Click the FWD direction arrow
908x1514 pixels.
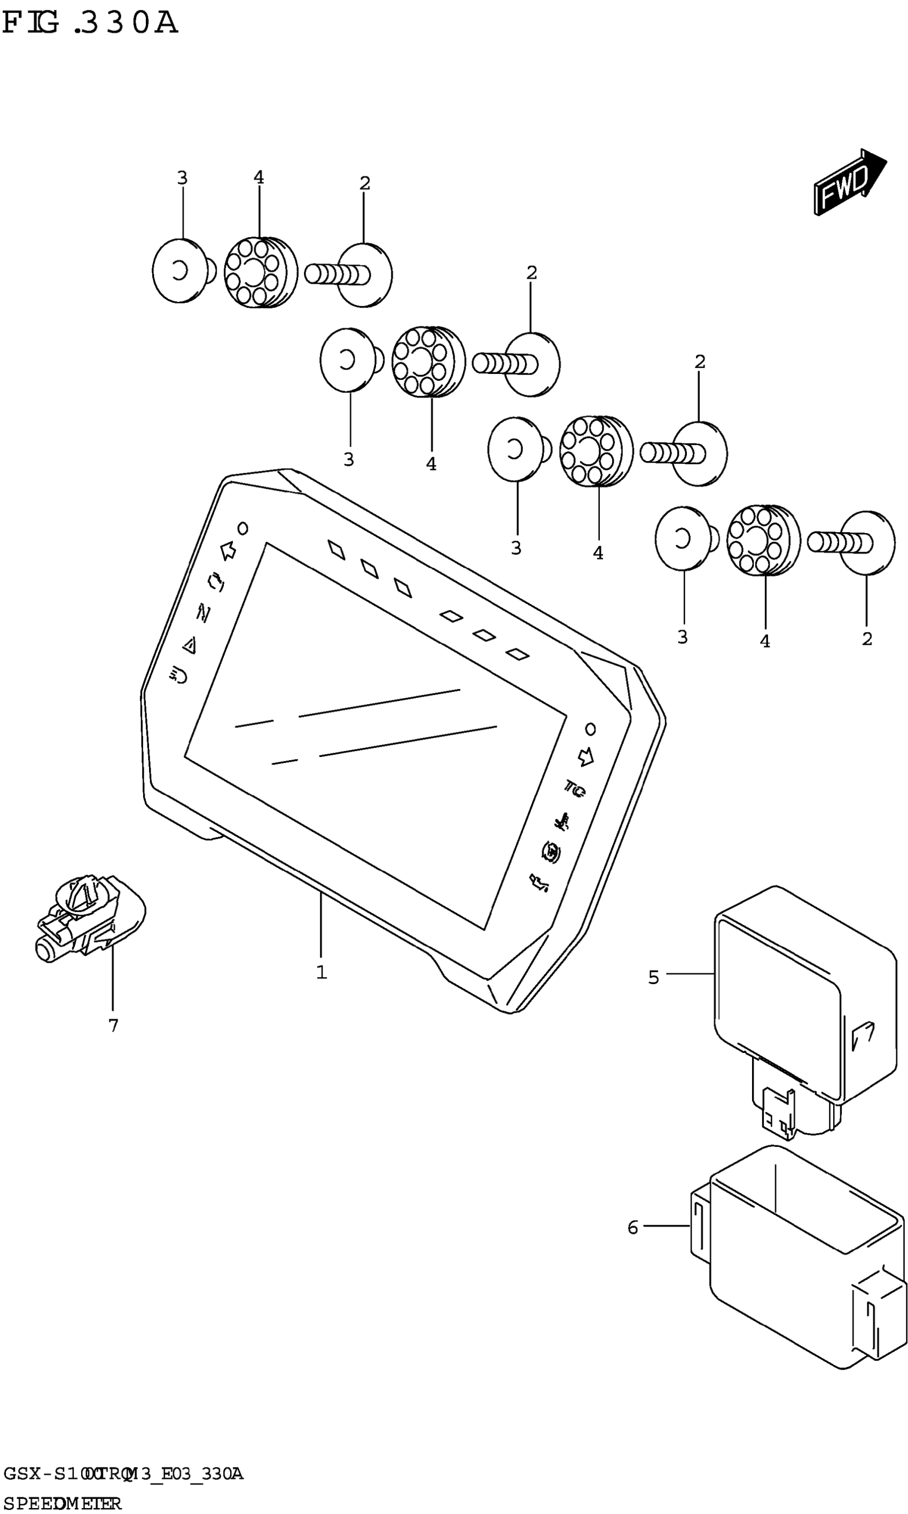pyautogui.click(x=849, y=182)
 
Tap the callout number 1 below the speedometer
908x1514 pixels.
pyautogui.click(x=321, y=972)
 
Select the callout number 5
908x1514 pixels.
pyautogui.click(x=653, y=977)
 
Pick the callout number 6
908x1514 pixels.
pyautogui.click(x=633, y=1227)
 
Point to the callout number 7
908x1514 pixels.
pyautogui.click(x=113, y=1025)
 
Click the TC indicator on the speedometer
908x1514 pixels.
pyautogui.click(x=574, y=789)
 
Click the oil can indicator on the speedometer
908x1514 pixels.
pyautogui.click(x=538, y=882)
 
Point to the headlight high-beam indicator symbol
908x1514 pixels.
pyautogui.click(x=179, y=676)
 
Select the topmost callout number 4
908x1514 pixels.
pyautogui.click(x=259, y=177)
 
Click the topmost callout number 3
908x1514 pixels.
pyautogui.click(x=182, y=178)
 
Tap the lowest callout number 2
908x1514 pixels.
pyautogui.click(x=866, y=639)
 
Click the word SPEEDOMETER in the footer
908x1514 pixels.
pyautogui.click(x=62, y=1498)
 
